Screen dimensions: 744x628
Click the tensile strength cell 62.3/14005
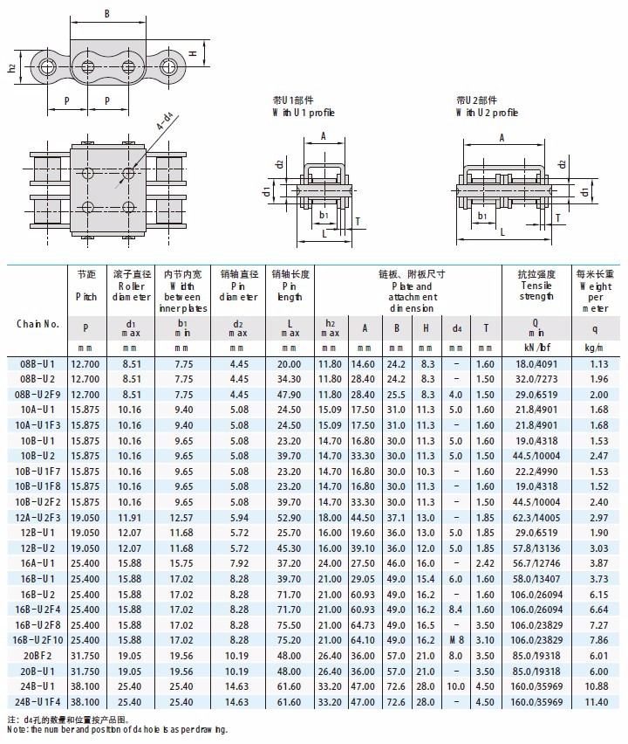click(x=536, y=517)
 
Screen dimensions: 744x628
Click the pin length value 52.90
click(x=289, y=517)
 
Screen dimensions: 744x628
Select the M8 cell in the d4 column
click(x=457, y=639)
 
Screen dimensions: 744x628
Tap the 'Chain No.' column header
click(x=38, y=323)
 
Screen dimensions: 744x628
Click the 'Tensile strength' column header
click(x=536, y=286)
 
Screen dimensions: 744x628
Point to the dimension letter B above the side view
click(x=106, y=14)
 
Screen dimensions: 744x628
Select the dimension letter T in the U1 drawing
click(x=358, y=222)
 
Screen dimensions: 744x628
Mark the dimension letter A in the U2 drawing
click(x=502, y=137)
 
